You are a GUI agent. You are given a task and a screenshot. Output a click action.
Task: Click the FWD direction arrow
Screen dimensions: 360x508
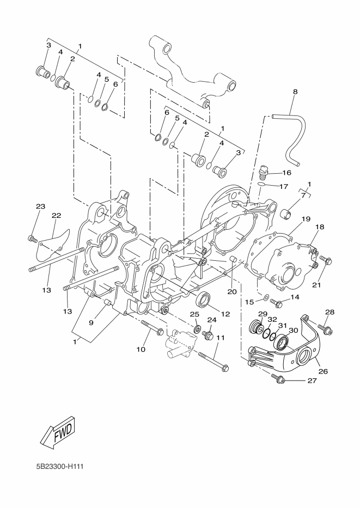tap(58, 433)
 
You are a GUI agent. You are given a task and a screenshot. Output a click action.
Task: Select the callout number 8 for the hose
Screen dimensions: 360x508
tap(295, 91)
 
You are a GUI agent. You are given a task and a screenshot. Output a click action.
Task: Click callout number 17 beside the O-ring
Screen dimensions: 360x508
tap(284, 186)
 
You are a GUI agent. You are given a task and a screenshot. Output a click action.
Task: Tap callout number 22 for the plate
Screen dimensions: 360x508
tap(56, 216)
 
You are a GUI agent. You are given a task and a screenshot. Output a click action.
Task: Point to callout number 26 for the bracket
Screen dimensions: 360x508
tap(323, 371)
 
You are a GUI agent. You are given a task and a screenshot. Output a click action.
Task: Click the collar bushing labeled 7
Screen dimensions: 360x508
tap(285, 214)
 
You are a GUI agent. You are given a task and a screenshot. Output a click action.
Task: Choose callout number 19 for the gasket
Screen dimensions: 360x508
tap(306, 219)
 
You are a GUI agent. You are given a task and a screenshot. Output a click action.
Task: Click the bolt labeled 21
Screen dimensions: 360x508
tap(325, 260)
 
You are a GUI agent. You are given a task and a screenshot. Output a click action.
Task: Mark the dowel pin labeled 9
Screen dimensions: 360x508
tap(107, 304)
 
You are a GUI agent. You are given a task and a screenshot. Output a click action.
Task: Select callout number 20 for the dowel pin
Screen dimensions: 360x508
tap(232, 292)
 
